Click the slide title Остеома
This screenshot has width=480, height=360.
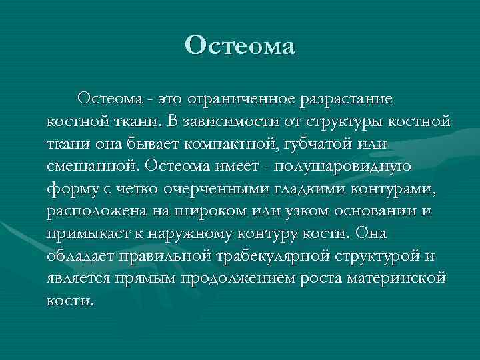pos(239,46)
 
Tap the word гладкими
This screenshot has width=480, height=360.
pos(315,189)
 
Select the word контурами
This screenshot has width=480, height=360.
pos(399,189)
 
